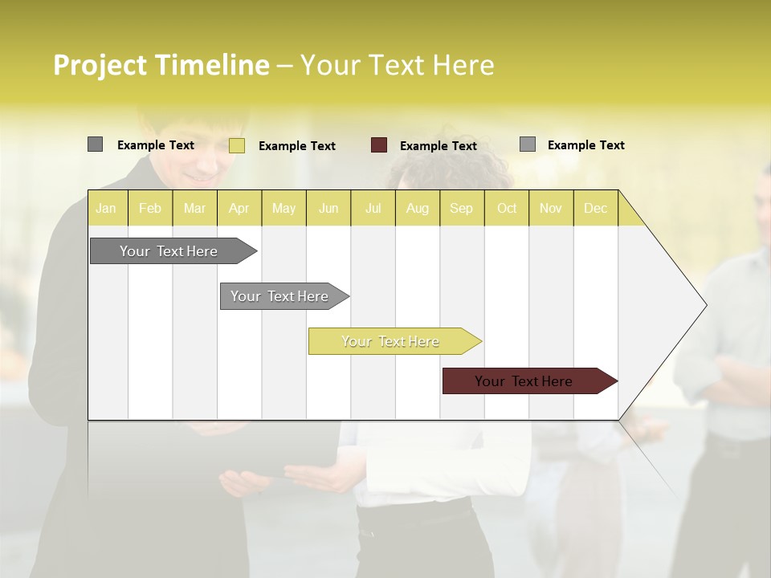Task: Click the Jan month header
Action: pos(106,208)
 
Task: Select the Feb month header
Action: pos(150,208)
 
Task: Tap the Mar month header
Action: pos(194,208)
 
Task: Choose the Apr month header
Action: pos(239,208)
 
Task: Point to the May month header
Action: pos(284,208)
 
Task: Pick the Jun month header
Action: pos(328,208)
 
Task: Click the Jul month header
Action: pos(373,208)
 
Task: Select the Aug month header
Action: pos(418,208)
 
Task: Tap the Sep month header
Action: pos(462,208)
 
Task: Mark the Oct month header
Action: pos(507,208)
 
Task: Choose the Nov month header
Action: pos(551,208)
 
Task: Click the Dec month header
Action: pos(596,208)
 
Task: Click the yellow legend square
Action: pos(237,145)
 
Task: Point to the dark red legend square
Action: pos(379,145)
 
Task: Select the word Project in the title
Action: pos(100,65)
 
